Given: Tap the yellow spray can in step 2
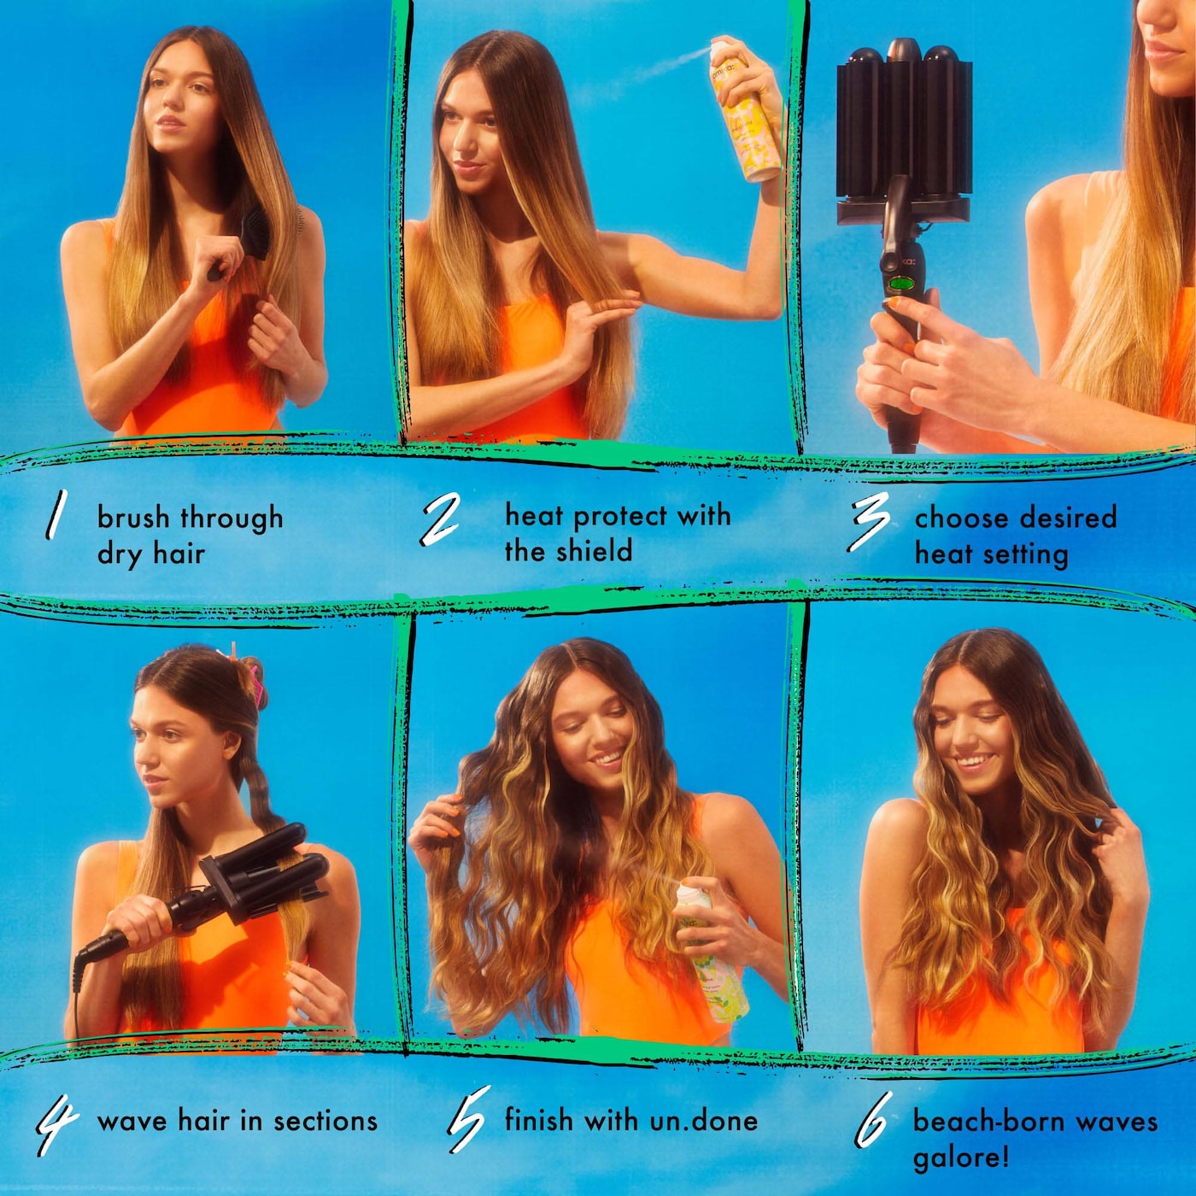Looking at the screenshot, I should pos(746,120).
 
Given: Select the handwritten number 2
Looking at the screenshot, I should pos(441,519).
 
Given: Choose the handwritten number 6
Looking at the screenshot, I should pos(873,1120).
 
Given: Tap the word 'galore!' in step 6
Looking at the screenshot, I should pos(961,1158).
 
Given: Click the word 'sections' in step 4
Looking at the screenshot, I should pos(325,1121).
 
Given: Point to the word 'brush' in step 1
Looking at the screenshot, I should pos(132,517).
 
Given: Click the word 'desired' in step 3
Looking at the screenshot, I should pos(1067,517).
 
